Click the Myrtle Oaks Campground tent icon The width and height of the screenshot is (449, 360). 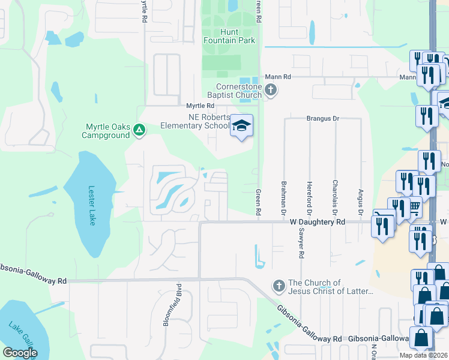[x=139, y=129]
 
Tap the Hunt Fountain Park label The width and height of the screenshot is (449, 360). [x=229, y=36]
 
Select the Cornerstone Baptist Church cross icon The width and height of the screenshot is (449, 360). [x=271, y=91]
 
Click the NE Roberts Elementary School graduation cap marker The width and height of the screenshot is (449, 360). [x=242, y=125]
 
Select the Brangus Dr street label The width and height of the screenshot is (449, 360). [x=323, y=119]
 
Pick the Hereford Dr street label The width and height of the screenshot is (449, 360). [x=309, y=197]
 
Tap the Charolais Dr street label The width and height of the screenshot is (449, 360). [x=335, y=197]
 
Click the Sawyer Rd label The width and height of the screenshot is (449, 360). [x=298, y=245]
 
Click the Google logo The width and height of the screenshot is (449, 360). [x=20, y=353]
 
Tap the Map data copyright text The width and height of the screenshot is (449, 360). [x=424, y=355]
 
